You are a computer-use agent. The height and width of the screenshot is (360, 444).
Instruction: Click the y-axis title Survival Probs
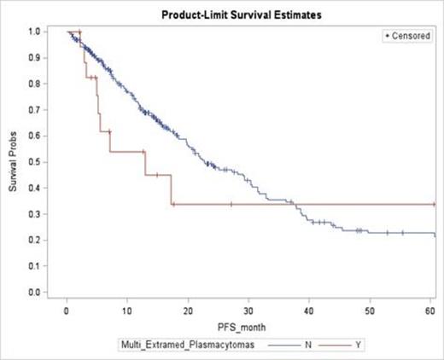(x=14, y=161)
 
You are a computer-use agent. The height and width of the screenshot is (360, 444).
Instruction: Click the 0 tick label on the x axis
(x=67, y=308)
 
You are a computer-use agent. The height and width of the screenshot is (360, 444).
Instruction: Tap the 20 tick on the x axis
(x=188, y=308)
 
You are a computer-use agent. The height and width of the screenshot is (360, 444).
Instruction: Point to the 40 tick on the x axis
(x=309, y=308)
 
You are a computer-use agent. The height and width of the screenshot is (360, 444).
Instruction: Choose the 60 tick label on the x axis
(x=429, y=308)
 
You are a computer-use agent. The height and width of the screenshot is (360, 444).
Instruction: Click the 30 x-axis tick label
(x=248, y=308)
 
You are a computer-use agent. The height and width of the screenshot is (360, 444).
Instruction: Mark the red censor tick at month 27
(x=231, y=204)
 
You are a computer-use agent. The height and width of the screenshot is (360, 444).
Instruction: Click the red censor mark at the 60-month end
(x=434, y=204)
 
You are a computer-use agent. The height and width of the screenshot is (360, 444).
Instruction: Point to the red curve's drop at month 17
(x=171, y=189)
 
